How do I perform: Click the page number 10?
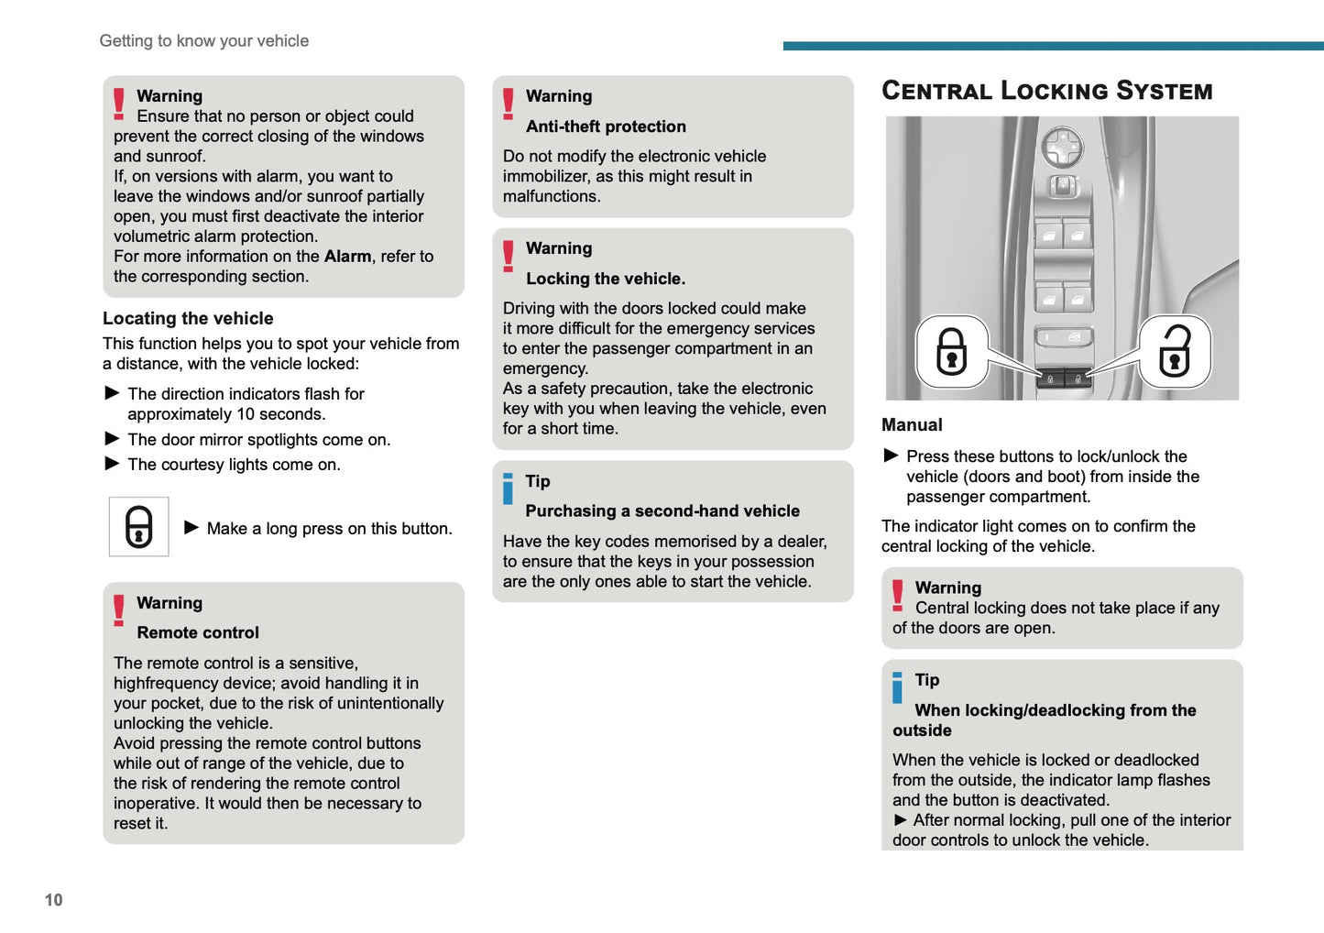point(54,900)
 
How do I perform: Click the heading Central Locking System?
point(1046,91)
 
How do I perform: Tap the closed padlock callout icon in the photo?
point(951,352)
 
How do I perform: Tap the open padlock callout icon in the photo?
point(1174,352)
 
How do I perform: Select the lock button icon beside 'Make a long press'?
point(139,527)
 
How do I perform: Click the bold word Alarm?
point(347,257)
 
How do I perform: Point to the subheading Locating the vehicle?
point(188,318)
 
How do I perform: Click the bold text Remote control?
point(198,632)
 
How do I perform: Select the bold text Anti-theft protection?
point(606,126)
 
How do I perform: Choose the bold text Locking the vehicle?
point(606,279)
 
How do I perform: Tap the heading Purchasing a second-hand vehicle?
point(662,511)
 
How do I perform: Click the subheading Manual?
point(912,425)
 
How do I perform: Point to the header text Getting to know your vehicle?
point(204,41)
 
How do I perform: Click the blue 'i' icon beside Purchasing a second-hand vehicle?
point(508,488)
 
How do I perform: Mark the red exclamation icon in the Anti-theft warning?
point(509,104)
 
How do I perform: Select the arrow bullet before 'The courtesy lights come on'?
point(113,464)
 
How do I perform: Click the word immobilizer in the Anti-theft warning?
point(544,176)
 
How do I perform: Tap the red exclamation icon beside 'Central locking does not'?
point(898,596)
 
